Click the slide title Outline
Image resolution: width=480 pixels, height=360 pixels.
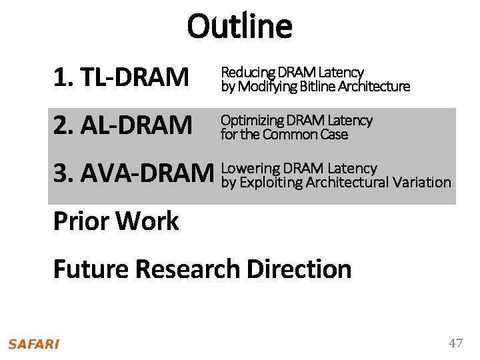pyautogui.click(x=239, y=27)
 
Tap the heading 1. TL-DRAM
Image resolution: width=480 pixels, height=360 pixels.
pyautogui.click(x=121, y=78)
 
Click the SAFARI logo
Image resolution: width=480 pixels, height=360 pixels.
pyautogui.click(x=33, y=344)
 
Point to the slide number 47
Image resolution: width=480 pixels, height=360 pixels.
pyautogui.click(x=455, y=343)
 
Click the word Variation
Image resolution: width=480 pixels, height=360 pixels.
pyautogui.click(x=422, y=183)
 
